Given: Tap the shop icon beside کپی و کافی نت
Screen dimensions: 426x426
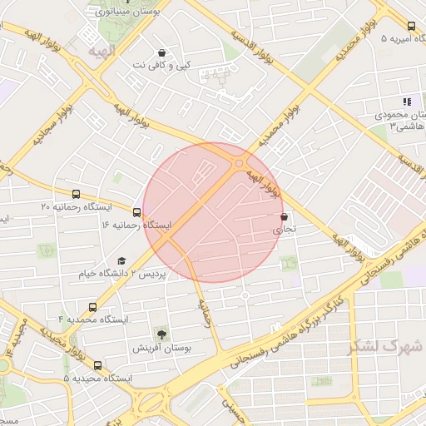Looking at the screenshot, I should [x=162, y=52].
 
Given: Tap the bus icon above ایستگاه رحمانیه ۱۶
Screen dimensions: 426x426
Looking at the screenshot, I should [x=136, y=211].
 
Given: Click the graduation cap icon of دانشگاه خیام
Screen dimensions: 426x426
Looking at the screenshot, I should [x=121, y=260].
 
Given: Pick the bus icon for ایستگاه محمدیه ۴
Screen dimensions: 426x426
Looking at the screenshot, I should [x=92, y=306].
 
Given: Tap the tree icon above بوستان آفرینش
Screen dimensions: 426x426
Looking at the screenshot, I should [x=159, y=334].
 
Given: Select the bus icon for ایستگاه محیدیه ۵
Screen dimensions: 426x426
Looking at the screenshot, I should [x=98, y=365].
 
